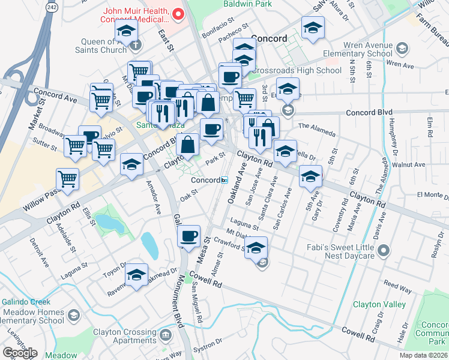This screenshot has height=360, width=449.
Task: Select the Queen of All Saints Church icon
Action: click(x=136, y=44)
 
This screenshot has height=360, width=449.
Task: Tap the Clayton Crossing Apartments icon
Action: click(x=165, y=333)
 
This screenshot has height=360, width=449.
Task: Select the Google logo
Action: click(x=19, y=353)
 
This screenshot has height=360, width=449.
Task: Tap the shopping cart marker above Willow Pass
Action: click(x=68, y=178)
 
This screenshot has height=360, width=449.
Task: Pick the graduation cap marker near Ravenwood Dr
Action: click(x=137, y=275)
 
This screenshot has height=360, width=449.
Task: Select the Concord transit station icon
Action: click(x=224, y=180)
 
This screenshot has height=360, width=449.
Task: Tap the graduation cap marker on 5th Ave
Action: click(x=310, y=176)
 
